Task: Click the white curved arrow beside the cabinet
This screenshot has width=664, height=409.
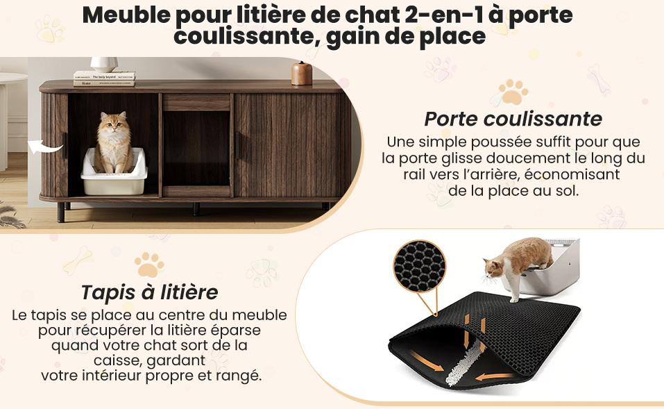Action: [x=45, y=147]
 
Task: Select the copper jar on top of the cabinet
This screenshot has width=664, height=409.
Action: [x=302, y=74]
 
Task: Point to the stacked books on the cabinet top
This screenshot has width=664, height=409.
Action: [x=104, y=79]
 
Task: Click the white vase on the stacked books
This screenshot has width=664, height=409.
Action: [x=104, y=65]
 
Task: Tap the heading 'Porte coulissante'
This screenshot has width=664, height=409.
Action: [x=513, y=119]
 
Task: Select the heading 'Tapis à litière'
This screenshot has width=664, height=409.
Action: [x=149, y=292]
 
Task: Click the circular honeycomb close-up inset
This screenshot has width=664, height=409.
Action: [x=419, y=266]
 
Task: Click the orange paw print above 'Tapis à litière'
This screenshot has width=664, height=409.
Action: [x=149, y=265]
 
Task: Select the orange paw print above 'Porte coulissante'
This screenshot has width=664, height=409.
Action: [x=513, y=92]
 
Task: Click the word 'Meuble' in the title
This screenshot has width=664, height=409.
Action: [x=126, y=15]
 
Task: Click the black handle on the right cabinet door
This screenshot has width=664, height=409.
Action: [x=237, y=146]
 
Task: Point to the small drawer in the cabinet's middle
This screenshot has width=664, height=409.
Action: [x=196, y=103]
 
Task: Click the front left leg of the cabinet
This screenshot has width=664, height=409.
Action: [x=61, y=212]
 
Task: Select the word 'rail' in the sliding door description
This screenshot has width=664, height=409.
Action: [x=414, y=174]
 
